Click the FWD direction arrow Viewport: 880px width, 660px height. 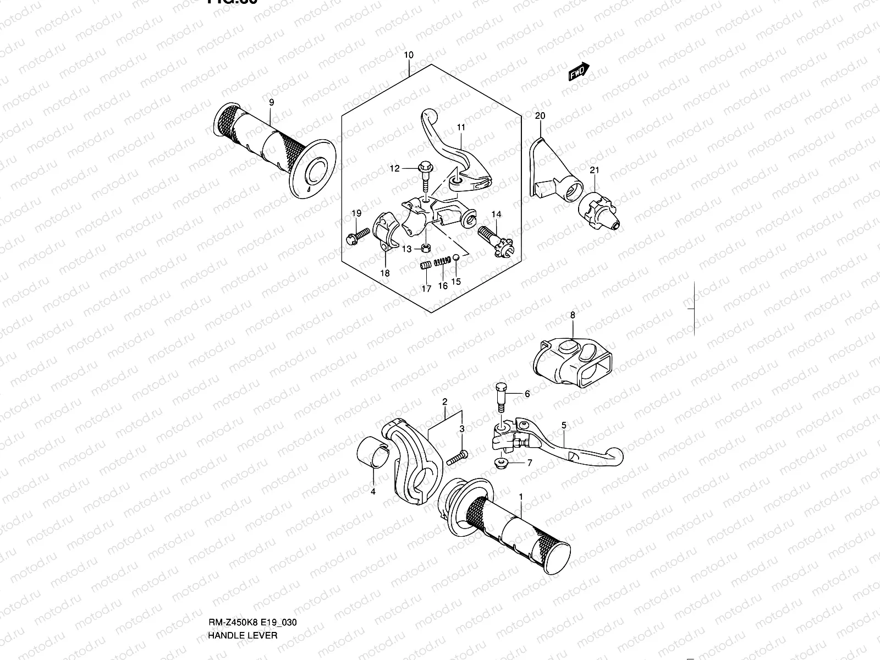coord(578,73)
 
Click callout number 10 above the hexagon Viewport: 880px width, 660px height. coord(409,55)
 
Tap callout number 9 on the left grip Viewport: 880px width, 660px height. coord(271,102)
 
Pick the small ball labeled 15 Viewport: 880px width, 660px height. coord(456,259)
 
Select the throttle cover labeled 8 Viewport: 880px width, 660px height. coord(572,363)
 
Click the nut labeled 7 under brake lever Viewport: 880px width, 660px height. coord(502,462)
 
